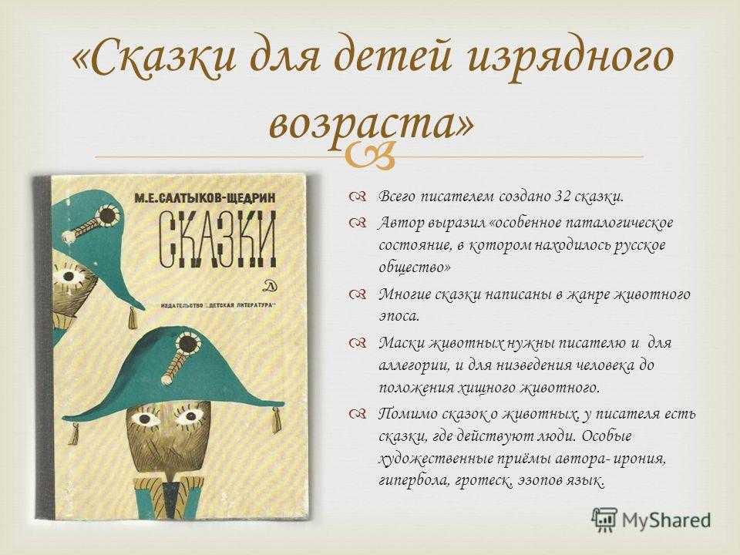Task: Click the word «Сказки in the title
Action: [154, 56]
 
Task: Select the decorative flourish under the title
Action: [369, 155]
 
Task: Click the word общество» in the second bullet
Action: [415, 267]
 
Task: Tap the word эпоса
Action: [399, 316]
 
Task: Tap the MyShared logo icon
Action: [604, 520]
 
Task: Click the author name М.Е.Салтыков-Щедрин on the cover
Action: [204, 198]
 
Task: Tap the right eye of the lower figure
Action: [190, 417]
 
